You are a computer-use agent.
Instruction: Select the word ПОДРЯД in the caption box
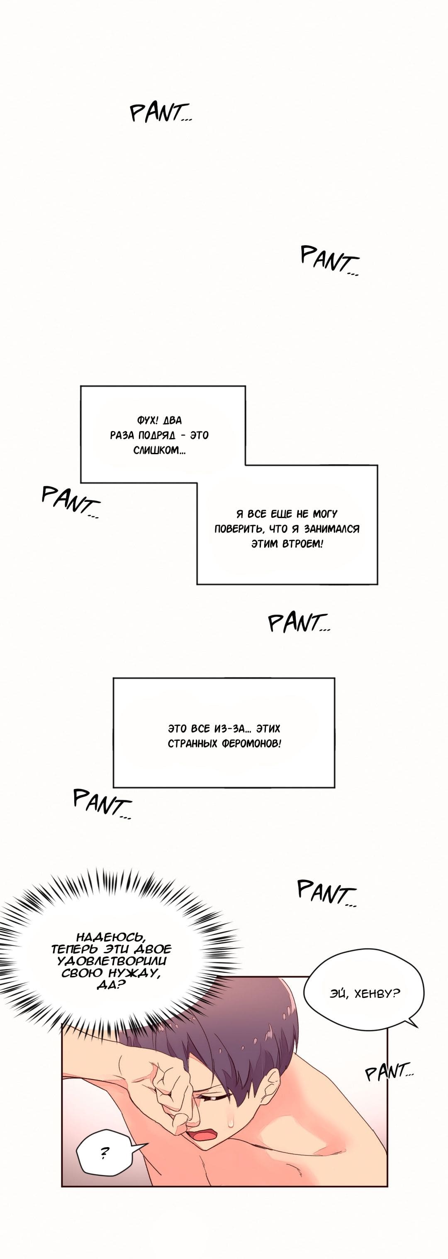[x=158, y=436]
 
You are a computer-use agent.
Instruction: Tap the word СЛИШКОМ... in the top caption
[x=159, y=450]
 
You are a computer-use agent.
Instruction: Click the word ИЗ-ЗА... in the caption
[x=233, y=729]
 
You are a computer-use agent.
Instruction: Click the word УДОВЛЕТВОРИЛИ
[x=112, y=961]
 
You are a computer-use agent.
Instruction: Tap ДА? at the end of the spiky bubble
[x=111, y=984]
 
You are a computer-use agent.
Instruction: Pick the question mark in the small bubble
[x=104, y=1153]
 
